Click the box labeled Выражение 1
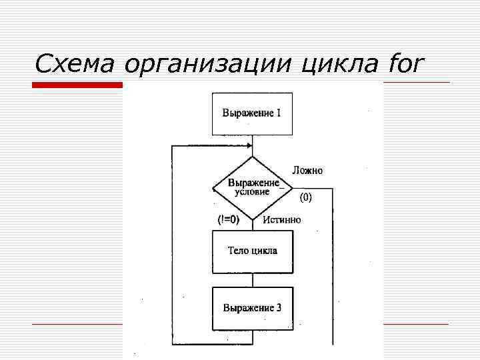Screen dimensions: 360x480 (252, 113)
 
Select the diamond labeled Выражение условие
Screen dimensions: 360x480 (253, 187)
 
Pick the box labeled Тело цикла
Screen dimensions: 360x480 (252, 251)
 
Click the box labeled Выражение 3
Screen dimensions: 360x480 (252, 308)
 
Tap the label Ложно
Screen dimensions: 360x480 (307, 171)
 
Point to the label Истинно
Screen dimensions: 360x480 (281, 219)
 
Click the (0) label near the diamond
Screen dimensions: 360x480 (305, 197)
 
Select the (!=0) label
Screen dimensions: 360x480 (229, 219)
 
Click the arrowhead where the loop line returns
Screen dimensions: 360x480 (249, 145)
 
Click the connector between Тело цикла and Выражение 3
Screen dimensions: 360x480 (253, 279)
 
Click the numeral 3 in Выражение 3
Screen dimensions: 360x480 (279, 308)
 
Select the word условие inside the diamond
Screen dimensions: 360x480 (252, 192)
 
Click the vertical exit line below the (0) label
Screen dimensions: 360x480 (332, 267)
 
